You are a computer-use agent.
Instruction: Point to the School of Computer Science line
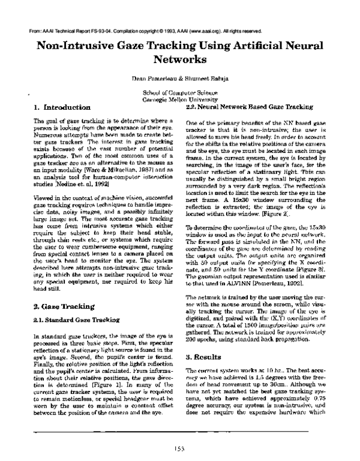(x=180, y=92)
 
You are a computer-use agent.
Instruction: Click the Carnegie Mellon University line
(x=180, y=100)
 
